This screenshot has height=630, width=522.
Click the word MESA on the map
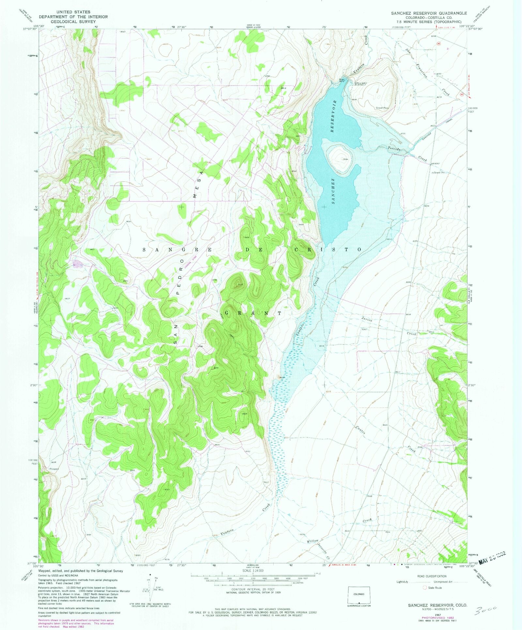199,184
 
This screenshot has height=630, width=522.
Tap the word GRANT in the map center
253,313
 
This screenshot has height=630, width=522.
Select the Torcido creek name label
394,149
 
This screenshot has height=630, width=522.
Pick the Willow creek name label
312,541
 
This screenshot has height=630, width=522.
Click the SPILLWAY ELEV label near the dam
361,84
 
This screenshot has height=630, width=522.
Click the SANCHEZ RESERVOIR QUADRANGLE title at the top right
429,13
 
